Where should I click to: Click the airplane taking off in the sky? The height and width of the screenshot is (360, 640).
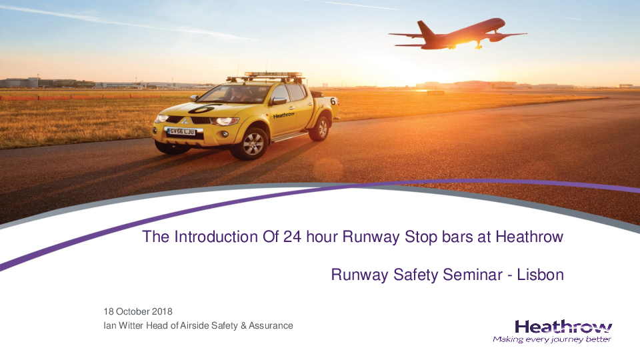[x=457, y=35]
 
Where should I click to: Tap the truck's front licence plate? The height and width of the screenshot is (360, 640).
[x=182, y=131]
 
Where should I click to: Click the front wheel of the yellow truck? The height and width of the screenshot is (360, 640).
[x=253, y=144]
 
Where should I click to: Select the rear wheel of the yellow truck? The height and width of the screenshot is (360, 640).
[x=321, y=128]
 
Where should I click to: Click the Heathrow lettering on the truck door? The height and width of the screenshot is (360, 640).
[x=284, y=115]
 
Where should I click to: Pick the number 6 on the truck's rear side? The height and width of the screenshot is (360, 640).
[x=333, y=101]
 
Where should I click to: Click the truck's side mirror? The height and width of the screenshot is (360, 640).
[x=279, y=101]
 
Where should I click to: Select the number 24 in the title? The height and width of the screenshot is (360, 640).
[x=293, y=237]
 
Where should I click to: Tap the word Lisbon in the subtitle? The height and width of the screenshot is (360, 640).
[x=541, y=275]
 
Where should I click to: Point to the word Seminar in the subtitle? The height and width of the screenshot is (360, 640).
[x=473, y=275]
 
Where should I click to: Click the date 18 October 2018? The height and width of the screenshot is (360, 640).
[x=138, y=311]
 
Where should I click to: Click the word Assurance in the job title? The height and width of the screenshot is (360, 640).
[x=271, y=326]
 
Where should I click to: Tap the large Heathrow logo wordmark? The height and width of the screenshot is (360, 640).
[x=563, y=327]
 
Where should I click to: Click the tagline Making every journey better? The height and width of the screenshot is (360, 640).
[x=552, y=339]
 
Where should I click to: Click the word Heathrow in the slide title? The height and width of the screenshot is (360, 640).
[x=529, y=237]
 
